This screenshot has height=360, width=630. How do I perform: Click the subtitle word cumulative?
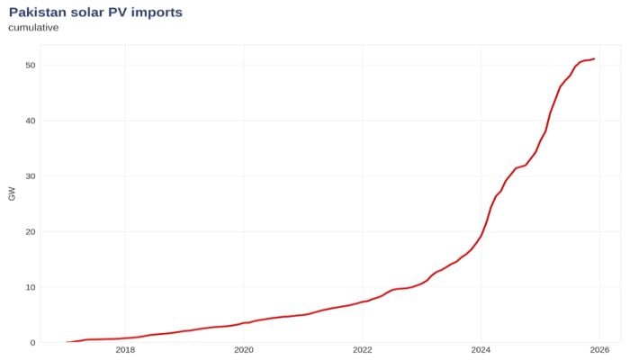[33, 27]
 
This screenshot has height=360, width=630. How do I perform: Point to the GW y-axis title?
[12, 193]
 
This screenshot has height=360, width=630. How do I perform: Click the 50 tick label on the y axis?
[30, 66]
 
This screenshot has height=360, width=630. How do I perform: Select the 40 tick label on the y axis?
[30, 121]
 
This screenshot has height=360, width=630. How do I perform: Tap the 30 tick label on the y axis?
[30, 176]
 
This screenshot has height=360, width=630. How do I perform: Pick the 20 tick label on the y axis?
[30, 232]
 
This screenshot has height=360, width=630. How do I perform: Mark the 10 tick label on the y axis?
[30, 287]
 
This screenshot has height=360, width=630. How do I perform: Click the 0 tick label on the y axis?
[32, 343]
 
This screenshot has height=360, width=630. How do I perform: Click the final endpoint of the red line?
[594, 58]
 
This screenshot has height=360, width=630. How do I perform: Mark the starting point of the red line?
[67, 342]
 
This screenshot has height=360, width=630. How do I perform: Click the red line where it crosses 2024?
[481, 237]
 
